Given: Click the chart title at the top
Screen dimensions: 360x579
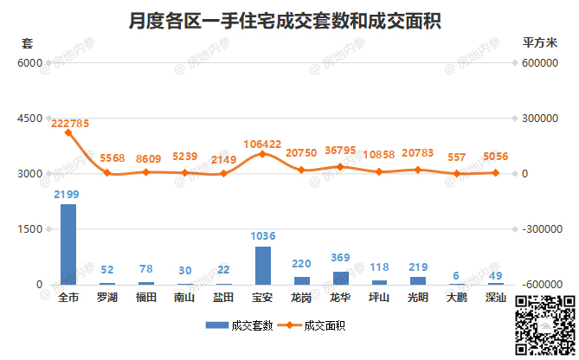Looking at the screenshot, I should [x=288, y=19].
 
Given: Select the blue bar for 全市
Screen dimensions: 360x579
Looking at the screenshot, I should [x=68, y=244].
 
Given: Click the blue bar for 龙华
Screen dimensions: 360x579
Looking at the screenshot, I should [x=340, y=278].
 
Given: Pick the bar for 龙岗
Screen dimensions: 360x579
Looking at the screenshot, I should [x=301, y=280].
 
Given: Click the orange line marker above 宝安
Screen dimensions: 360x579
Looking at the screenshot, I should [x=262, y=154].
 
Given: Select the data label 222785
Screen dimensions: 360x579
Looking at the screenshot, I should [x=70, y=124].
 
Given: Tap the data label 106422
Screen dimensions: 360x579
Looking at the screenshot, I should [x=263, y=144].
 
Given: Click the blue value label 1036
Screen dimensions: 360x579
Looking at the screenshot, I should [x=262, y=236].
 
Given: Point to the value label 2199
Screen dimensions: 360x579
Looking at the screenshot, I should [x=68, y=194].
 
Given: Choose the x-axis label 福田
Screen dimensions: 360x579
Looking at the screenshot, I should [x=145, y=298].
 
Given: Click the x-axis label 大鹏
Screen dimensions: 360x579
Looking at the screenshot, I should [x=457, y=298].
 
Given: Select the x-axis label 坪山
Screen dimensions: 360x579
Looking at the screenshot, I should [x=379, y=298].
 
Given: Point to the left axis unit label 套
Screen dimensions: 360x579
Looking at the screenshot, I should [x=27, y=42].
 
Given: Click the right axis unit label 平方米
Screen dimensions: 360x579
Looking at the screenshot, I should [x=543, y=42].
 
